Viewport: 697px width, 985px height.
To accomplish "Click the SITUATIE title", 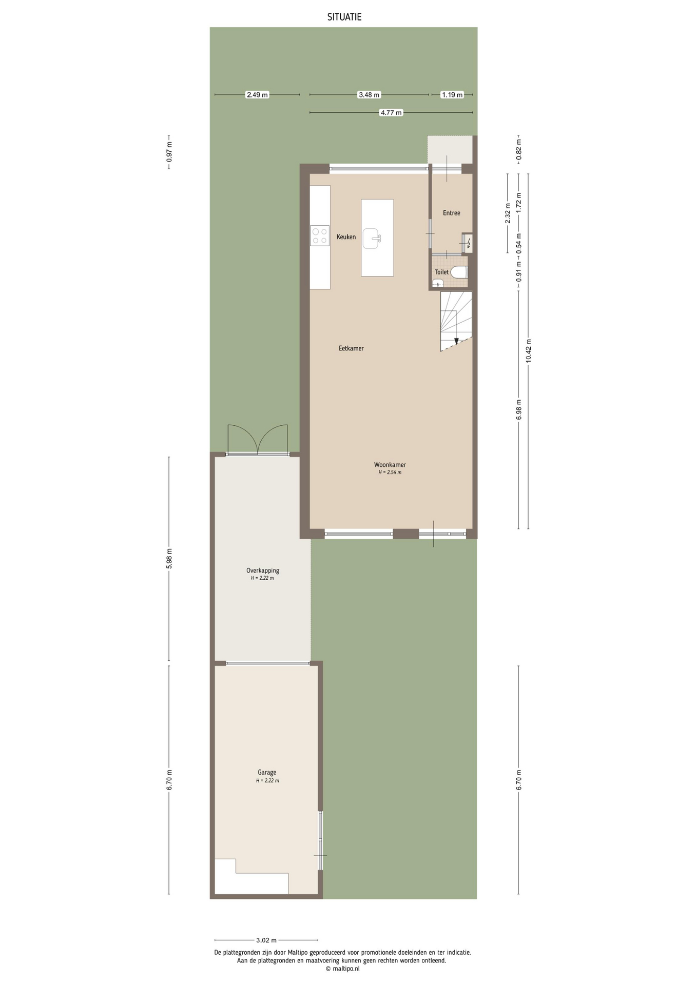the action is (x=344, y=17).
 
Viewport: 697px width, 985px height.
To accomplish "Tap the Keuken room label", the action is (x=346, y=237).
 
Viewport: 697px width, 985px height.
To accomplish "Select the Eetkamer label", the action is (x=351, y=348).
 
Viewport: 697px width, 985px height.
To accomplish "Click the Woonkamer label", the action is (x=390, y=465).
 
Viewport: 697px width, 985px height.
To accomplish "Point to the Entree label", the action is (x=452, y=213).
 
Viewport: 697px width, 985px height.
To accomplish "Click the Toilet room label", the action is (x=441, y=272).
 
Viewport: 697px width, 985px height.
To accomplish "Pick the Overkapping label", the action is (x=263, y=570).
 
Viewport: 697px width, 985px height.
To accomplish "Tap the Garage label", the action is (x=267, y=773).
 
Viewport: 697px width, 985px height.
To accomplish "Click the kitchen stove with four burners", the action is (x=320, y=236).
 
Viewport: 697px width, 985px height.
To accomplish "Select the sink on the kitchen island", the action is (x=373, y=238).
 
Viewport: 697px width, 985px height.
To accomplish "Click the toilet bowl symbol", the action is (x=459, y=272).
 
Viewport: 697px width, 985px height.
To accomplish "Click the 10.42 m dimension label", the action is (x=529, y=351).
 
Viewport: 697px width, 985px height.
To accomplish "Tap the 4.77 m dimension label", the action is (x=391, y=113).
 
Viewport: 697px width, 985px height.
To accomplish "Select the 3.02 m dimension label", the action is (x=266, y=940).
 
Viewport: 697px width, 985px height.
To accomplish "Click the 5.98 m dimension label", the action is (x=170, y=559).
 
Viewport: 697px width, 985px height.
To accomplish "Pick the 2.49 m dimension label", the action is (x=257, y=95).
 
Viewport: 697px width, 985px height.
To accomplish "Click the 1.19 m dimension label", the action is (x=452, y=95).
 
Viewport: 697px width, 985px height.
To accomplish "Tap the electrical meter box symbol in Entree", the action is (x=467, y=243).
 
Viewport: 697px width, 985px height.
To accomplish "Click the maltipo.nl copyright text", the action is (x=342, y=969).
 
